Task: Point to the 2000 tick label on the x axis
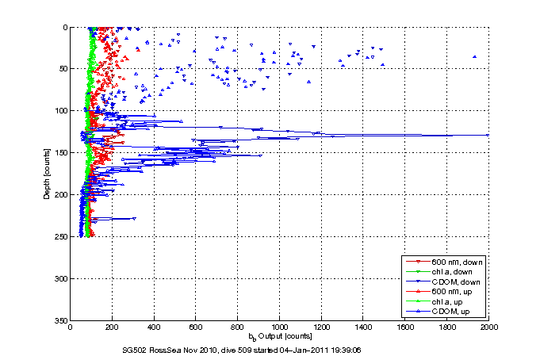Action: tap(489, 327)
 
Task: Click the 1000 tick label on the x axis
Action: tap(280, 327)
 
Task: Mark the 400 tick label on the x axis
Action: tap(155, 327)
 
